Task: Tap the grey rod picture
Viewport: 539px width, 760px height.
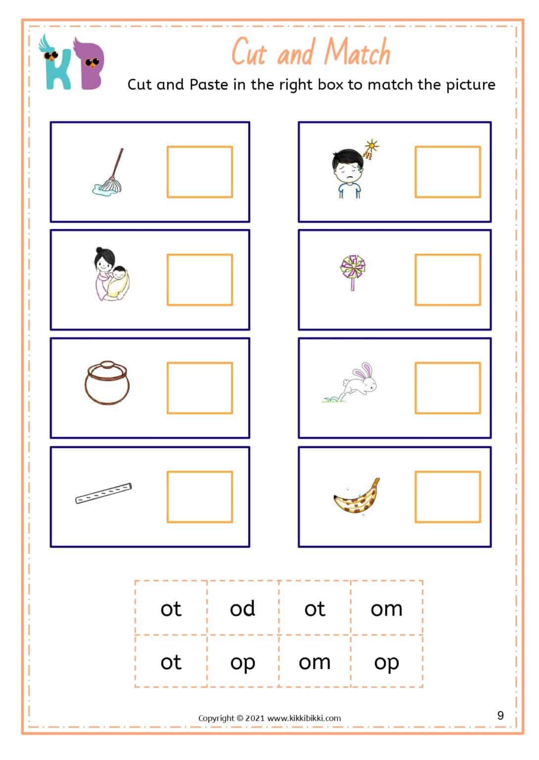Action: coord(103,493)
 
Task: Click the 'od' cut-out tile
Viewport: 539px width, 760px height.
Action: coord(243,609)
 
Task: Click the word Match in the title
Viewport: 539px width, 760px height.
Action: coord(358,52)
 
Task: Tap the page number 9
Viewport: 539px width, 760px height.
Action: coord(500,715)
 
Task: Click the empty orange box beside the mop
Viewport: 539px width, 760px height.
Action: coord(199,172)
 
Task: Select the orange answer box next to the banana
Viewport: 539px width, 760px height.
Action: coord(447,497)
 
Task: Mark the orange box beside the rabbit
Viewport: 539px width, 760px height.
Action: coord(447,388)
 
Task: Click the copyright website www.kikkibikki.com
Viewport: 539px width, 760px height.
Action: coord(304,718)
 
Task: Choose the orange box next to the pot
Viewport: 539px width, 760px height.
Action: coord(199,388)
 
